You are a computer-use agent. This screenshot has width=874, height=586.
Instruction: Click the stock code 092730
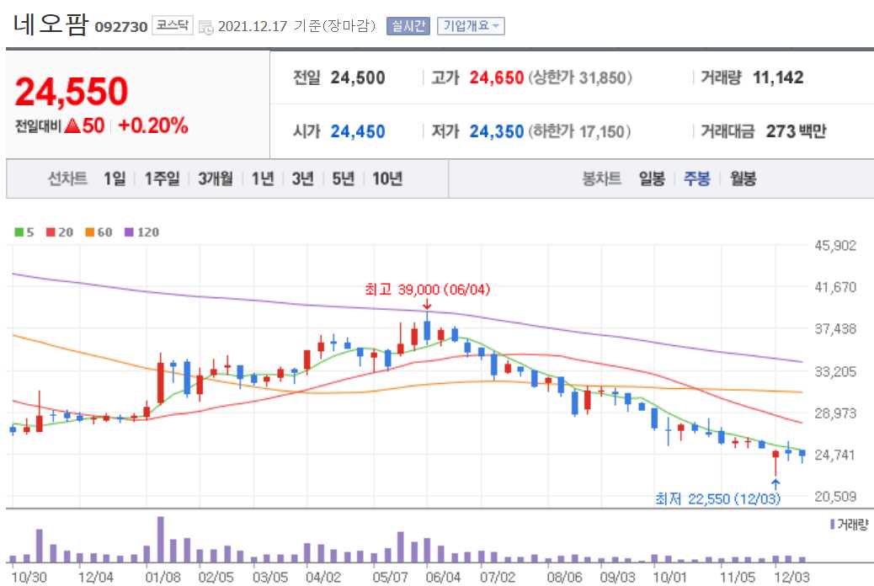click(x=120, y=26)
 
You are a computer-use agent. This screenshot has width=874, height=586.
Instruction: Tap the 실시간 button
click(x=408, y=26)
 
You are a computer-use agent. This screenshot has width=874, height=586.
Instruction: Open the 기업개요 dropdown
click(x=470, y=26)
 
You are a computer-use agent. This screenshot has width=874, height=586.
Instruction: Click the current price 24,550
click(x=72, y=92)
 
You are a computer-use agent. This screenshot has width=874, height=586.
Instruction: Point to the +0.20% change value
click(x=153, y=126)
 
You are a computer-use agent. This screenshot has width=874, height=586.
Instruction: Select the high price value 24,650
click(x=497, y=78)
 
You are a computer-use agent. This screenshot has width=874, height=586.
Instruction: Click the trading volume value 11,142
click(x=778, y=78)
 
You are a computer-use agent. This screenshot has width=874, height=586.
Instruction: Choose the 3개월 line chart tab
click(x=216, y=178)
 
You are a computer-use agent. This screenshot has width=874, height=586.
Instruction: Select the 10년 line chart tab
click(x=387, y=178)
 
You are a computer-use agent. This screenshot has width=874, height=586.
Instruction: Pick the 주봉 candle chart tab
click(x=696, y=178)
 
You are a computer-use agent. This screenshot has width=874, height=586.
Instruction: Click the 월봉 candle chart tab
click(x=743, y=178)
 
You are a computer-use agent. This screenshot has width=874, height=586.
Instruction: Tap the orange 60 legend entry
click(x=99, y=232)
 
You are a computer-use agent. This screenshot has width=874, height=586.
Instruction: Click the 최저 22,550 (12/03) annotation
click(x=718, y=498)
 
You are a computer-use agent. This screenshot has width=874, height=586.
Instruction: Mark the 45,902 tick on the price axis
click(x=835, y=246)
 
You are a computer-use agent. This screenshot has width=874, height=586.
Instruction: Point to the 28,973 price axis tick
click(x=835, y=413)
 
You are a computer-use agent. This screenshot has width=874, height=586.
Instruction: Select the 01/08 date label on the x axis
click(x=163, y=578)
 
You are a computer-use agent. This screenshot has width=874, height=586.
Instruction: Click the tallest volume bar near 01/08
click(x=161, y=540)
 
